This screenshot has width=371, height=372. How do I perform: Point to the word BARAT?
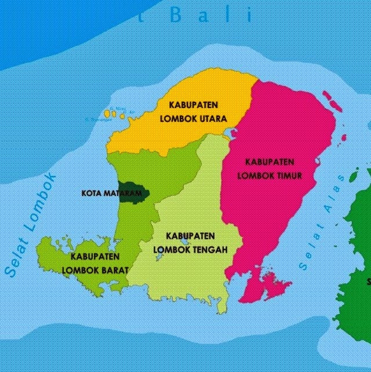coord(114,269)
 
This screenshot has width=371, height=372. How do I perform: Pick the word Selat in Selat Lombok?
coord(13,261)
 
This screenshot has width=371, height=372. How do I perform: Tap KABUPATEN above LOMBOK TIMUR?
coord(270,161)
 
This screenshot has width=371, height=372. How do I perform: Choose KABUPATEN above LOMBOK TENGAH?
coord(190,236)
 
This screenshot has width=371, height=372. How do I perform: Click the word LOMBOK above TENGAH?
coord(169,249)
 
